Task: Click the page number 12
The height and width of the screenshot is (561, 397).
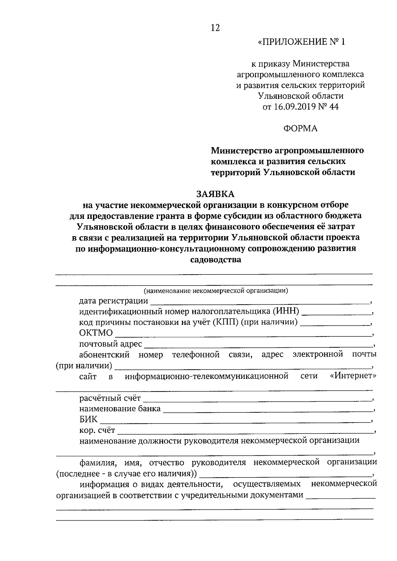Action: tap(215, 28)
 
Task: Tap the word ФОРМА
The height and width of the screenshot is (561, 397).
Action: tap(300, 128)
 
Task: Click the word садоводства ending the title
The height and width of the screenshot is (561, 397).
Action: tap(216, 260)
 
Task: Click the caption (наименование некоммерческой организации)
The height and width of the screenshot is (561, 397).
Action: tap(216, 291)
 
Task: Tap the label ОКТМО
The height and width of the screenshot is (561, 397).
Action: tap(96, 333)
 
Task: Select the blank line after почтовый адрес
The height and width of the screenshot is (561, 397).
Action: tap(258, 346)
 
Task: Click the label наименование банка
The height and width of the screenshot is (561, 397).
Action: tap(120, 409)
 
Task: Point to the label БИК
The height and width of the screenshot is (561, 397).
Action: tap(88, 420)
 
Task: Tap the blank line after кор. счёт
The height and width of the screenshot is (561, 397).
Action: tap(245, 433)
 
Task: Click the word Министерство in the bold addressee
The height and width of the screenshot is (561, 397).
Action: tap(242, 151)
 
